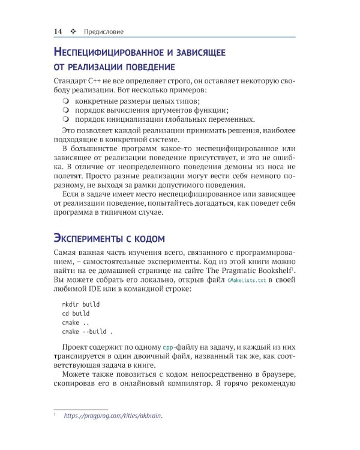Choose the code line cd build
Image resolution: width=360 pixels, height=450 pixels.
click(76, 313)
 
